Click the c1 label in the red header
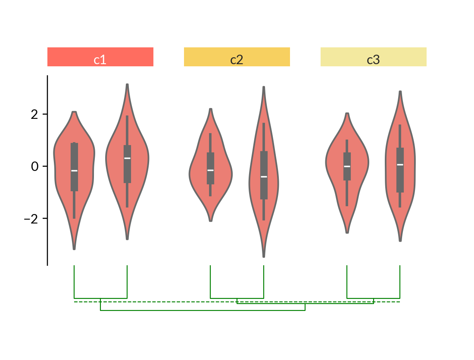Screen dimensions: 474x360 point(100,60)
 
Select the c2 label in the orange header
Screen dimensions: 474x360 point(237,60)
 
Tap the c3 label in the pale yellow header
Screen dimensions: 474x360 point(373,60)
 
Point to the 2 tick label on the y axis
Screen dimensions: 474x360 point(34,115)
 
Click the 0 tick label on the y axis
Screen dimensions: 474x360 point(34,166)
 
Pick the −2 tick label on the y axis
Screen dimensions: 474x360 point(31,219)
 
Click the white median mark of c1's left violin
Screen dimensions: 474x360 point(74,171)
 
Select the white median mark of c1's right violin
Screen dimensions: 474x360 point(127,158)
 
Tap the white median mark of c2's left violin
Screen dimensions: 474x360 point(210,170)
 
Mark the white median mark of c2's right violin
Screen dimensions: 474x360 point(264,177)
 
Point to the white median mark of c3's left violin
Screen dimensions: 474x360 point(347,166)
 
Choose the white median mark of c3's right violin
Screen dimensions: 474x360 point(400,164)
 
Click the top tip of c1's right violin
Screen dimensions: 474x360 point(127,84)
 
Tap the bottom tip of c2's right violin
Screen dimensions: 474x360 point(264,257)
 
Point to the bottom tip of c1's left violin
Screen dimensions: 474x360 point(74,249)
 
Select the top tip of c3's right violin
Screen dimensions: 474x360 point(400,91)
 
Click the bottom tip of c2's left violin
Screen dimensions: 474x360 point(211,221)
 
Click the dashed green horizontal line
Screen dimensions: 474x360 point(237,302)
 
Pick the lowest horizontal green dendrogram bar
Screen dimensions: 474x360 point(203,310)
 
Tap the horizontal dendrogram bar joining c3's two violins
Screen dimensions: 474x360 point(373,298)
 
